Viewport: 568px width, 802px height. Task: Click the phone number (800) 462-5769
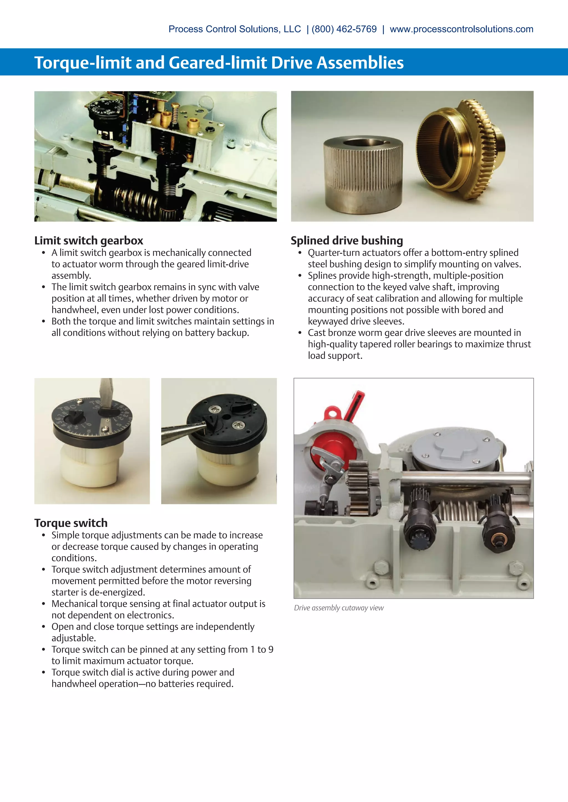(344, 29)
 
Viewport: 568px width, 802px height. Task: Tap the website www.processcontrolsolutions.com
(461, 29)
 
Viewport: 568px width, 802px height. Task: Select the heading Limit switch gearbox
(89, 241)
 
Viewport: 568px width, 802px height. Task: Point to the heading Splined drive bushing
(347, 241)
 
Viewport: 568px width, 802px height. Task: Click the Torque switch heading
(71, 523)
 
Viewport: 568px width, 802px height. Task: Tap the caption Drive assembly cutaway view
(339, 608)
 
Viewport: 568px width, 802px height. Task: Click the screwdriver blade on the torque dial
(106, 393)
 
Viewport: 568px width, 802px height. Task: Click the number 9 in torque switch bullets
(271, 649)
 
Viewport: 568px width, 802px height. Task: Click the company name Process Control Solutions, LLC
(235, 29)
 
